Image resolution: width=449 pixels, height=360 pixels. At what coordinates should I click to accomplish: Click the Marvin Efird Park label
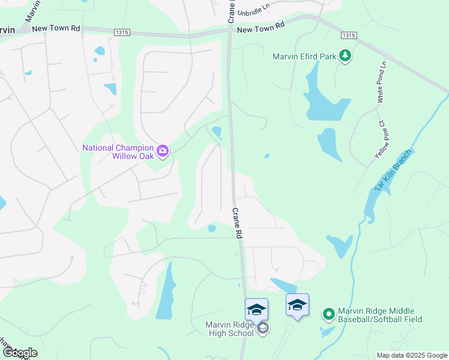pyautogui.click(x=305, y=57)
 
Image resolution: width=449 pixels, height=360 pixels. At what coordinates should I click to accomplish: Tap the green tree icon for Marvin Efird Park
pyautogui.click(x=345, y=56)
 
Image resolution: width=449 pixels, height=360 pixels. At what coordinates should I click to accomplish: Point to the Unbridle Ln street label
pyautogui.click(x=253, y=12)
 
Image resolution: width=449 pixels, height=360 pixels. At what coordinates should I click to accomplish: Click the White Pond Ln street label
pyautogui.click(x=382, y=82)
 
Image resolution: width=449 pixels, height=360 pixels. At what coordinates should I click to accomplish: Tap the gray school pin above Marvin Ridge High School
pyautogui.click(x=263, y=328)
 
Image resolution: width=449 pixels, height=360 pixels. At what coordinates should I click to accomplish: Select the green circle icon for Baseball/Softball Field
pyautogui.click(x=328, y=314)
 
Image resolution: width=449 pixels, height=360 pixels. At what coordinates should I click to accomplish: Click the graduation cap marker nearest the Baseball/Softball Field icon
pyautogui.click(x=297, y=305)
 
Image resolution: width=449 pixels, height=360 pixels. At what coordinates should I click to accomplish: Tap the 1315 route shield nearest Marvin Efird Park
pyautogui.click(x=348, y=35)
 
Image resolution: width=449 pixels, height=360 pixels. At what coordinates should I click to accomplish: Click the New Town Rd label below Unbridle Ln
pyautogui.click(x=261, y=28)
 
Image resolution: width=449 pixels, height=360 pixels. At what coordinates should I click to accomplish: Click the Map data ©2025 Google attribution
pyautogui.click(x=412, y=355)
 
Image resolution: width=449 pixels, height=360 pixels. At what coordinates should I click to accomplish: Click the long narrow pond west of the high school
pyautogui.click(x=166, y=291)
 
